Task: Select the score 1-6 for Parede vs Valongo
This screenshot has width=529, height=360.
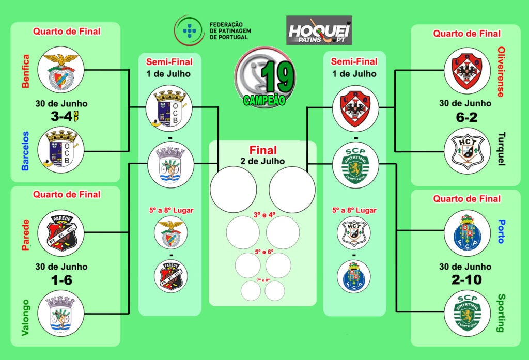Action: (x=61, y=280)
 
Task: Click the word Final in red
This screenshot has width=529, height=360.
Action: (x=263, y=151)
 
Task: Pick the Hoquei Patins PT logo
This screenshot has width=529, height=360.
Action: (x=319, y=30)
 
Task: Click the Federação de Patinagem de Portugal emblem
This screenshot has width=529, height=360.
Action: (x=188, y=29)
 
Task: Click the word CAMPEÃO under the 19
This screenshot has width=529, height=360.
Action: (x=264, y=100)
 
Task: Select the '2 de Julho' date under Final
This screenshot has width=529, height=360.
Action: (x=263, y=161)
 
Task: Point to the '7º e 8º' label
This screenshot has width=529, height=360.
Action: (x=263, y=280)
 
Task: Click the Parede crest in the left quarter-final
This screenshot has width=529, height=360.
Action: (x=61, y=233)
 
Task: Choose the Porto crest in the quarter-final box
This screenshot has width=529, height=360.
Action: (x=466, y=233)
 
